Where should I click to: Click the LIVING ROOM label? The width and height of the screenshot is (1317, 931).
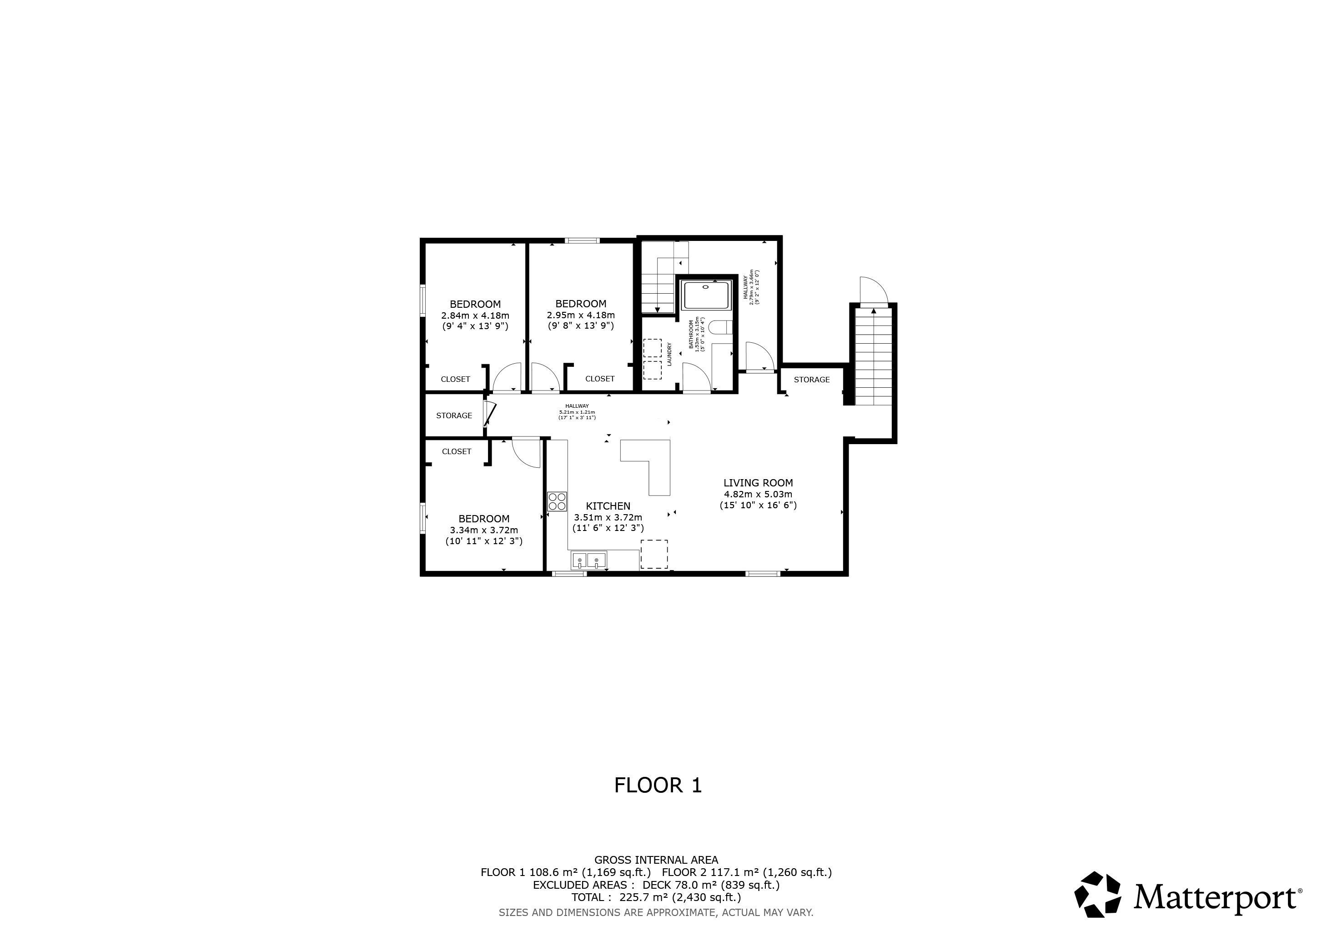(x=758, y=483)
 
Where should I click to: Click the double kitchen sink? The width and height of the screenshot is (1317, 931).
(x=589, y=560)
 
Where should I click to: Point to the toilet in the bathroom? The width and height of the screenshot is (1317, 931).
(x=720, y=328)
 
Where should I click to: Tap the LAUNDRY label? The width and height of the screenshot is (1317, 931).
(x=669, y=354)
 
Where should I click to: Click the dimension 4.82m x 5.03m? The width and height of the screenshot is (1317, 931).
(x=758, y=494)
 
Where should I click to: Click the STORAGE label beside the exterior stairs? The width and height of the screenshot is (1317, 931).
(x=812, y=380)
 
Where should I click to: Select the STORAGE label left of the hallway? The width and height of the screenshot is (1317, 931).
(x=454, y=415)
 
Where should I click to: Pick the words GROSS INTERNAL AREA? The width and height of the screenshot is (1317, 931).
(x=656, y=860)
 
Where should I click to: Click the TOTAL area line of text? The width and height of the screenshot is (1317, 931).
(x=656, y=897)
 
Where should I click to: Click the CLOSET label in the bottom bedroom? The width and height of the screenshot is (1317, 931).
(x=457, y=452)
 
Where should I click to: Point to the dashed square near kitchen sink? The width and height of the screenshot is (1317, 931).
(x=654, y=554)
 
